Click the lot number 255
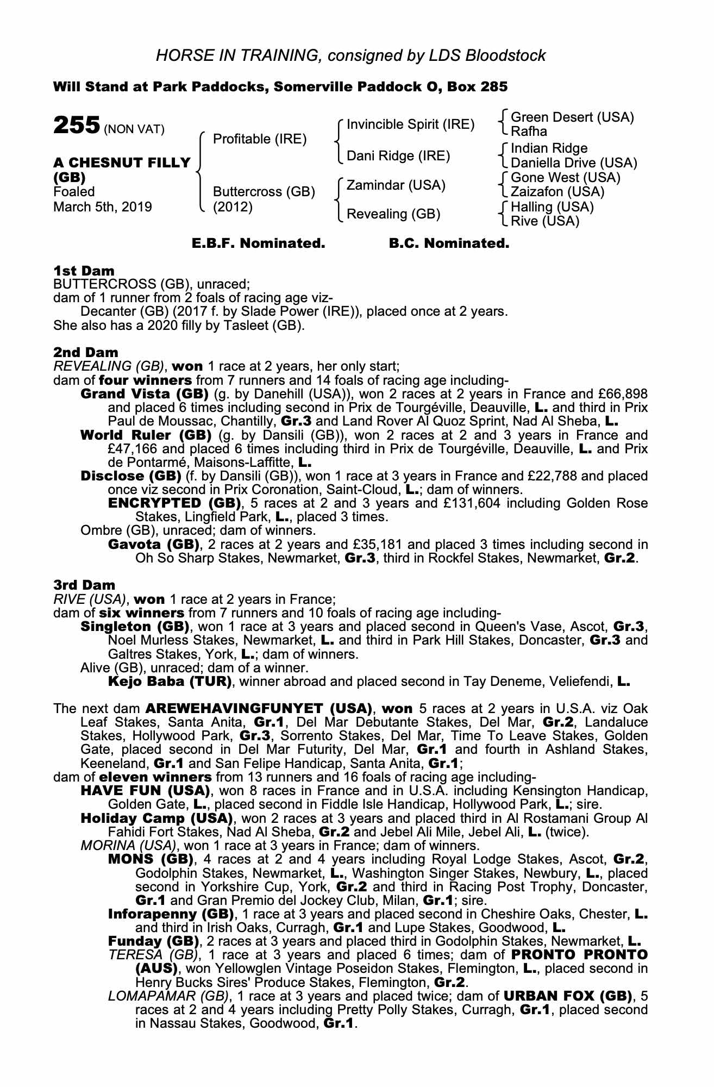[x=76, y=126]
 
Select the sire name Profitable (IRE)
[x=260, y=139]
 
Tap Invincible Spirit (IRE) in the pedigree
[x=410, y=124]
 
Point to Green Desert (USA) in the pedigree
[x=572, y=117]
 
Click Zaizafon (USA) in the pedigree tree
[x=558, y=192]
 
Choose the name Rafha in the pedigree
[x=529, y=132]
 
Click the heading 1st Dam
[x=84, y=271]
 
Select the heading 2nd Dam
[x=85, y=353]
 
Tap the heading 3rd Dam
[x=84, y=585]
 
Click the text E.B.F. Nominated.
[x=259, y=243]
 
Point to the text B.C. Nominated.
[x=449, y=243]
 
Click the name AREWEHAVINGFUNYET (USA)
[x=259, y=709]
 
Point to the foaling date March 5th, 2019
[x=103, y=207]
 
